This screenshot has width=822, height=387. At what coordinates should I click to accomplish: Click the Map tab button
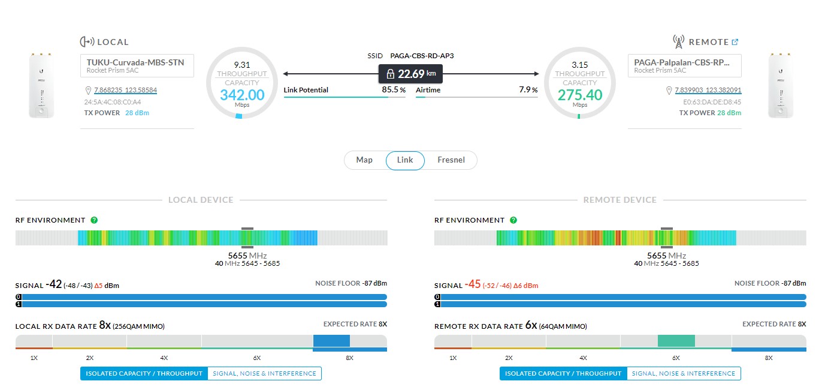[x=364, y=160]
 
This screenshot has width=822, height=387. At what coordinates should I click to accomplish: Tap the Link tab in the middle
[x=405, y=160]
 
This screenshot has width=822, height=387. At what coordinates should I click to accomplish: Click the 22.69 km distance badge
[x=410, y=74]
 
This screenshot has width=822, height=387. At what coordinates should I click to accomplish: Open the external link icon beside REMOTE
[x=735, y=42]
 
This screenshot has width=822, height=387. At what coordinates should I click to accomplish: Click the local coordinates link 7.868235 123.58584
[x=125, y=91]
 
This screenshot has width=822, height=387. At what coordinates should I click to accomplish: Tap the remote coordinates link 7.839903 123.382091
[x=708, y=91]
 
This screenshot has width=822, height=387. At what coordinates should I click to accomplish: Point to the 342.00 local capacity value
[x=242, y=95]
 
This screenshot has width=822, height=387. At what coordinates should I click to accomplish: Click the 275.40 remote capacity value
[x=580, y=95]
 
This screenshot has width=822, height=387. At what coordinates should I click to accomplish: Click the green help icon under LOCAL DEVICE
[x=94, y=220]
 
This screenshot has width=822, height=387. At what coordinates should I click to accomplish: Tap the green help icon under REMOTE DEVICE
[x=513, y=220]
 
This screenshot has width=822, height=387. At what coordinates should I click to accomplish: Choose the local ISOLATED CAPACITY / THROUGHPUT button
[x=144, y=374]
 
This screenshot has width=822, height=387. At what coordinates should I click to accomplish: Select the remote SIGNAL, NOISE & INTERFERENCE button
[x=684, y=374]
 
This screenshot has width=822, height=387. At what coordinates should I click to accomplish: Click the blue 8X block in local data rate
[x=331, y=341]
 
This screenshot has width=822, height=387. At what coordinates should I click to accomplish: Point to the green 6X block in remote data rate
[x=676, y=341]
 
